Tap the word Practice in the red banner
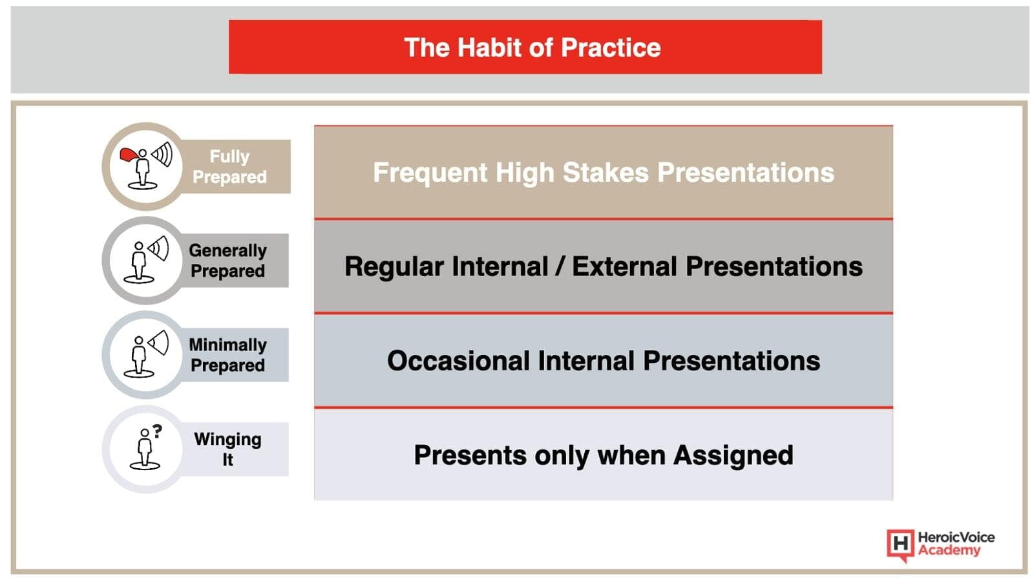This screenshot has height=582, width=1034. (611, 47)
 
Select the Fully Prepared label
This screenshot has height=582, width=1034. (229, 166)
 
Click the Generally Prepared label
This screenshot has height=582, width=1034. (227, 261)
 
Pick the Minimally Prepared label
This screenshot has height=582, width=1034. (227, 355)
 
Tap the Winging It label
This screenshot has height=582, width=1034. (227, 449)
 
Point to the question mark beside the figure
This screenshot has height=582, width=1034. (158, 431)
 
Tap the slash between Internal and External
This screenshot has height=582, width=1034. (560, 266)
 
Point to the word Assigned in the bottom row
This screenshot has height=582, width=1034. (733, 455)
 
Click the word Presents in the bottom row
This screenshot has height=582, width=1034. (470, 455)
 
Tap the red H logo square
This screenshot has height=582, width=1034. (900, 544)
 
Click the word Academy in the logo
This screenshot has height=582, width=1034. (949, 550)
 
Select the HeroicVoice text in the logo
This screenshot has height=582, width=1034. (956, 537)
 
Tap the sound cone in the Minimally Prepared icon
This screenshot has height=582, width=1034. (159, 342)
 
